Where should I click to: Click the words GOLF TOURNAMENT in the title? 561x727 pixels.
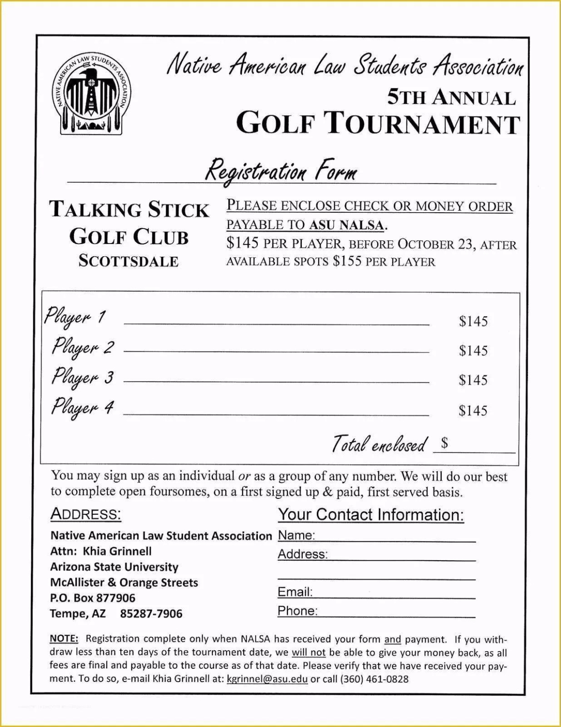(378, 124)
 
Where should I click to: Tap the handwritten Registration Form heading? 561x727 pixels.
(281, 171)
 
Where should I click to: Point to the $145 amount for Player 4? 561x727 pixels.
(473, 411)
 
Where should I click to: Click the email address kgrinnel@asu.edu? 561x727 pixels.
(267, 679)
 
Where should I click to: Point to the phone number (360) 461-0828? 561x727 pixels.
(374, 679)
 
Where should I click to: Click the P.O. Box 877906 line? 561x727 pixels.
(93, 598)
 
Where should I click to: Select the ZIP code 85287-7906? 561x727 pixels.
(151, 614)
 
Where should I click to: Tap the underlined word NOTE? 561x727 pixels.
(64, 639)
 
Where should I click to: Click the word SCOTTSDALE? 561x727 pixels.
(128, 261)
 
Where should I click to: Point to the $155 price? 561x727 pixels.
(347, 261)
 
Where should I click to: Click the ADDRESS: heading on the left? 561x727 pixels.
(86, 514)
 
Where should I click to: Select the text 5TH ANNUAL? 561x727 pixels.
(451, 97)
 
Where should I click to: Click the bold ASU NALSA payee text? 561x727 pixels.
(346, 225)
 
